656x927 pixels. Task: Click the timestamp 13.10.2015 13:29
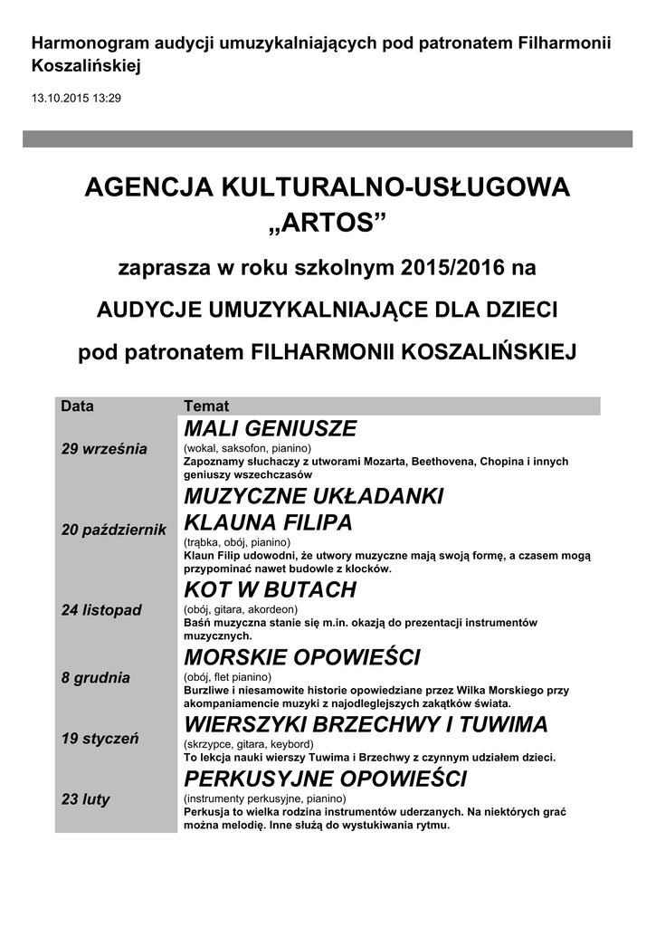click(76, 97)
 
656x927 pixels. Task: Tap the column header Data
click(77, 406)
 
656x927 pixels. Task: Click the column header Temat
click(206, 406)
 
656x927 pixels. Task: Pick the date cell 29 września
click(104, 450)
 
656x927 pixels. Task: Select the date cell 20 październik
click(113, 530)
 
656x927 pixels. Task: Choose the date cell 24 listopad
click(101, 610)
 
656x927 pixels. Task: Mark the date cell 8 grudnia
click(96, 677)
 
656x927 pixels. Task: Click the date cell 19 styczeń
click(100, 739)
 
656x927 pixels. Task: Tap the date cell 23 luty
click(85, 799)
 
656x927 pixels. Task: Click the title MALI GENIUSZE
click(271, 429)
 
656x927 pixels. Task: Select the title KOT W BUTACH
click(270, 590)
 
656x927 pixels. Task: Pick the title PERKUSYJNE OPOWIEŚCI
click(325, 779)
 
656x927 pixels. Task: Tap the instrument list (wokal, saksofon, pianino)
click(247, 448)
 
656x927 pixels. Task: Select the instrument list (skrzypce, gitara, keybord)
click(248, 743)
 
